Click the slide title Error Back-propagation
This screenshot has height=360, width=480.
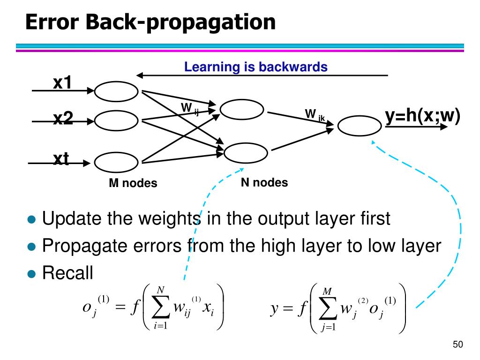(x=150, y=22)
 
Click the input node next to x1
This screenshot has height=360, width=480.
(x=116, y=91)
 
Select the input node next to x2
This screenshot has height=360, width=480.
(x=116, y=121)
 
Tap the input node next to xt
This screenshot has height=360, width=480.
(x=116, y=162)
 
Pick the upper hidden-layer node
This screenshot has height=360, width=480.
(x=242, y=110)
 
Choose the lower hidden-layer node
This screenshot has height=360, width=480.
(x=246, y=153)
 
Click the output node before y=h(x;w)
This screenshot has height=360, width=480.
(x=360, y=125)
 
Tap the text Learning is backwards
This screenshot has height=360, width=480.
(x=255, y=67)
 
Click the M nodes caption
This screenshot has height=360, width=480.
(x=133, y=183)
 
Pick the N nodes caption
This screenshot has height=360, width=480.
(x=264, y=182)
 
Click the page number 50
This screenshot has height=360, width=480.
(x=458, y=345)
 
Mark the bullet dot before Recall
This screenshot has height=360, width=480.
(x=31, y=274)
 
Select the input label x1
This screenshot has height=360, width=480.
(x=62, y=83)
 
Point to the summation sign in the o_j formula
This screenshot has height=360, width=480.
(x=161, y=308)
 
